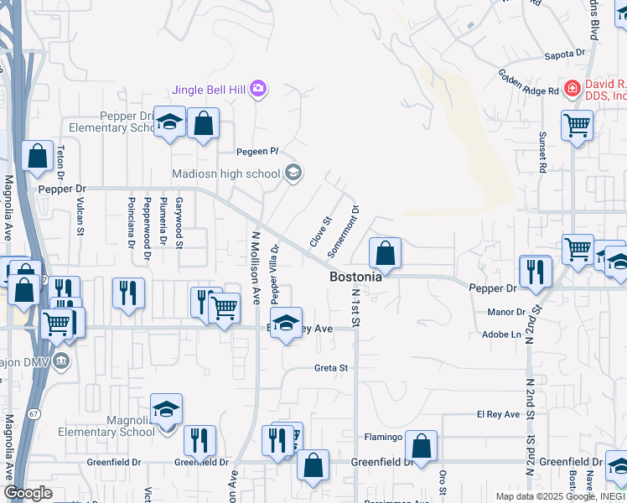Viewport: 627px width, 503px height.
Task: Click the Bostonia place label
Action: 355,276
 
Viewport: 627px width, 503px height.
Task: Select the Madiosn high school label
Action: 225,174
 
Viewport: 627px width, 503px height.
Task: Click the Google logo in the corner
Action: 28,493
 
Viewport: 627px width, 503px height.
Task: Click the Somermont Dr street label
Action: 345,231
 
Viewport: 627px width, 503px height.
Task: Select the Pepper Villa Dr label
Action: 274,273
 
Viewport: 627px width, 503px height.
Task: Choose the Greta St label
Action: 330,368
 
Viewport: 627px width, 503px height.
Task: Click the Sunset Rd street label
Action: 542,152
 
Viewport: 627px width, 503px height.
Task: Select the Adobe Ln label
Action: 503,334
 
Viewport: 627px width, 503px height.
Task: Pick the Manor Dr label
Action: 505,312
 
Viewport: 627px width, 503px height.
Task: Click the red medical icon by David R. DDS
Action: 572,87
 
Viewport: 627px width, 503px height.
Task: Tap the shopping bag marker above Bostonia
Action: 385,252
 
